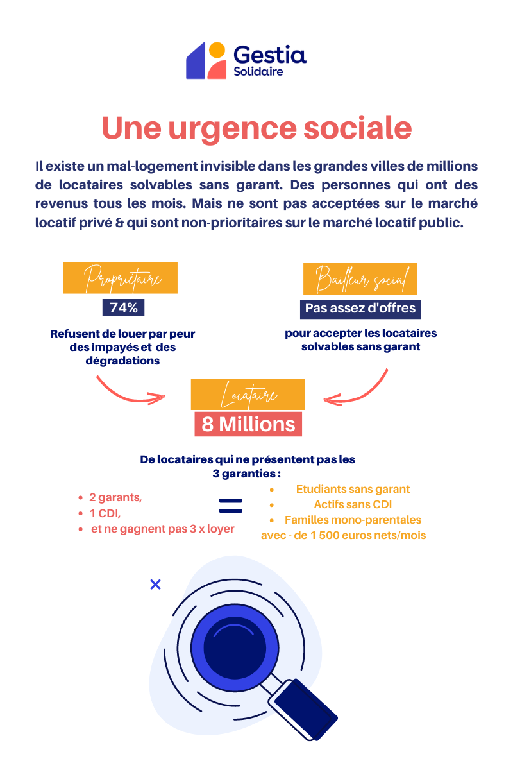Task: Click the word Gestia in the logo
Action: coord(270,55)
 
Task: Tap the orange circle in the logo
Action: coord(217,50)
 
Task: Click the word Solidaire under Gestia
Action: coord(258,71)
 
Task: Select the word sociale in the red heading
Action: coord(358,128)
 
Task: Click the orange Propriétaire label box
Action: coord(121,278)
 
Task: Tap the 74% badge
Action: coord(123,307)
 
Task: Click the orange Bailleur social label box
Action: coord(360,278)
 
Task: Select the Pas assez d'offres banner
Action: coord(360,309)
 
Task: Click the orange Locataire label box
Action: coord(248,394)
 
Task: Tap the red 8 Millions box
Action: coord(248,424)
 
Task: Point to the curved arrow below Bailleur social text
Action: coord(361,395)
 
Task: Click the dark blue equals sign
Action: coord(231,506)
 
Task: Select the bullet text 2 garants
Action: coord(115,497)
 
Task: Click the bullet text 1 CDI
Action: coord(105,513)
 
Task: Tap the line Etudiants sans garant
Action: coord(353,489)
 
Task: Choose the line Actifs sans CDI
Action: coord(353,504)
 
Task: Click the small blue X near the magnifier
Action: coord(156,585)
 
